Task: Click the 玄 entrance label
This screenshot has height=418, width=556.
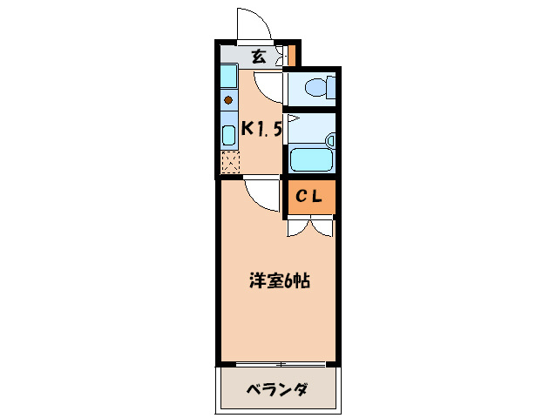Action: pyautogui.click(x=259, y=57)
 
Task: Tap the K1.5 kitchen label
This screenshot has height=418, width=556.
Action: pyautogui.click(x=261, y=130)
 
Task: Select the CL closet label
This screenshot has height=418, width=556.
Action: pyautogui.click(x=309, y=197)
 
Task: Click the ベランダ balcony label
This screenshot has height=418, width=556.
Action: pyautogui.click(x=276, y=388)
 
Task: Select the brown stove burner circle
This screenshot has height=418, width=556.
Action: pyautogui.click(x=228, y=99)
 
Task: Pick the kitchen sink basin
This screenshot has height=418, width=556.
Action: pyautogui.click(x=228, y=135)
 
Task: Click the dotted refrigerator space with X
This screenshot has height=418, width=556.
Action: pyautogui.click(x=229, y=162)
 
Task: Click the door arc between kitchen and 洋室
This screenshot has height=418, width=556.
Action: pyautogui.click(x=261, y=193)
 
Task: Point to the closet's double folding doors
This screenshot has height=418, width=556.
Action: pyautogui.click(x=310, y=227)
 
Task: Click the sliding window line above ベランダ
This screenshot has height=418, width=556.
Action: pyautogui.click(x=277, y=363)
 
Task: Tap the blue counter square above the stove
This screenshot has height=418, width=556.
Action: pyautogui.click(x=228, y=78)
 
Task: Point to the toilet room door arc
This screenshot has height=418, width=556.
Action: pyautogui.click(x=272, y=85)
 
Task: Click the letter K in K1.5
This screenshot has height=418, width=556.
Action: pyautogui.click(x=247, y=130)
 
